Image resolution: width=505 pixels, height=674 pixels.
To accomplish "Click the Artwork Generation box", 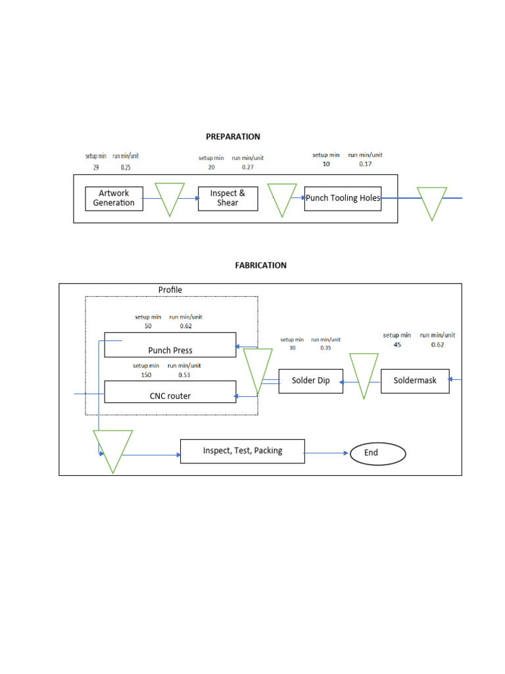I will (x=114, y=198).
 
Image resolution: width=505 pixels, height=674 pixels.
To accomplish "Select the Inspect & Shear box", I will (x=228, y=198).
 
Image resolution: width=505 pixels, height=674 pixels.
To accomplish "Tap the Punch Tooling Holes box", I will (x=343, y=198).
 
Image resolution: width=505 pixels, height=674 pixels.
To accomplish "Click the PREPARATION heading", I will (x=233, y=137).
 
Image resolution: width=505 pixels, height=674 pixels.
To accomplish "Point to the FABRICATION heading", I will (x=260, y=265).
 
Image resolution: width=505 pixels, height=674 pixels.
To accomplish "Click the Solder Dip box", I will (x=310, y=381).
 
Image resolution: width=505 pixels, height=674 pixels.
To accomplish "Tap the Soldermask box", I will (x=415, y=381).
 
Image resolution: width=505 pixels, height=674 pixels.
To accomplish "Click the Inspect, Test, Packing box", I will (x=242, y=451).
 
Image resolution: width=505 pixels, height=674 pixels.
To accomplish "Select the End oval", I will (x=377, y=453).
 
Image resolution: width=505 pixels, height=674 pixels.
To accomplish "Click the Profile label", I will (x=170, y=290).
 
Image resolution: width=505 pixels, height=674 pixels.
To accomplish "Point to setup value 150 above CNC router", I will (x=145, y=375).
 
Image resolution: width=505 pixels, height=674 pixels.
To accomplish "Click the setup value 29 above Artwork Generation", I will (x=95, y=168).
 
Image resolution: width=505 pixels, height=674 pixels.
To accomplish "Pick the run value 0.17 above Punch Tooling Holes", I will (x=365, y=164).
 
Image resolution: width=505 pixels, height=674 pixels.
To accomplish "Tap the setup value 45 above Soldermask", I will (x=397, y=344).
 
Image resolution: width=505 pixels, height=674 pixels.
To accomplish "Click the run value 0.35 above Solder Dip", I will (x=325, y=348).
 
